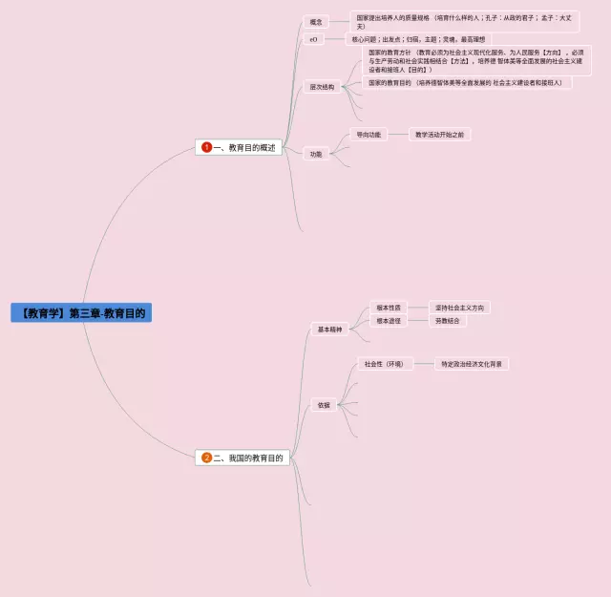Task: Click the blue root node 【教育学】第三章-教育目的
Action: point(81,312)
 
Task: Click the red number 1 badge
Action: point(206,147)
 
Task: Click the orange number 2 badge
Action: point(206,458)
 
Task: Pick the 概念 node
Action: point(315,21)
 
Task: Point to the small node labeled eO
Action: point(313,39)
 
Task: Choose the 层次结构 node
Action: point(322,87)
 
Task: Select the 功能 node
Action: point(315,154)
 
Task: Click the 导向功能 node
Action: point(368,135)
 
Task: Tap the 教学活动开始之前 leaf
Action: point(439,135)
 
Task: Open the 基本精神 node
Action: point(329,330)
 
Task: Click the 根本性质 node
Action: point(389,308)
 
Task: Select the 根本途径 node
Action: point(389,321)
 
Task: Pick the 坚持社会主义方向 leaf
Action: point(459,308)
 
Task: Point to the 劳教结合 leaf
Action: point(447,321)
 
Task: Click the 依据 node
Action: point(324,405)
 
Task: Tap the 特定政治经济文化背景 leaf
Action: point(473,364)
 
